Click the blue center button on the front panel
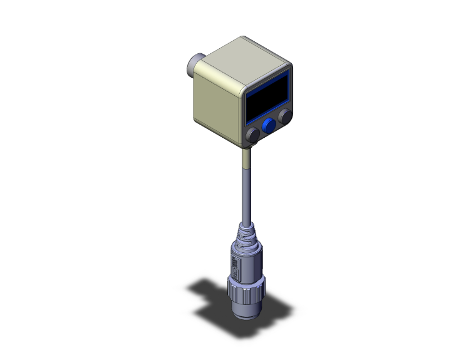pyautogui.click(x=269, y=126)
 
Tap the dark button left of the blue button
pyautogui.click(x=253, y=135)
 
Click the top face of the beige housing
pyautogui.click(x=245, y=59)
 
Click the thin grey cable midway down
pyautogui.click(x=245, y=194)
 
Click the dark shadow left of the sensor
pyautogui.click(x=207, y=291)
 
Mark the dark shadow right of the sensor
pyautogui.click(x=279, y=307)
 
